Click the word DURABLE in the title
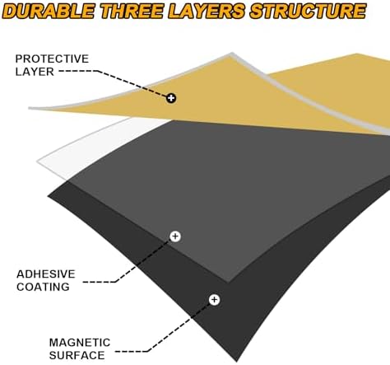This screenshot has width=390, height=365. click(49, 12)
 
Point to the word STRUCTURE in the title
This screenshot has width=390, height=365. click(308, 12)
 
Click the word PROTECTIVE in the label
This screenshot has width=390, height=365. click(52, 58)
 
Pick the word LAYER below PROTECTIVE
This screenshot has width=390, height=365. click(35, 72)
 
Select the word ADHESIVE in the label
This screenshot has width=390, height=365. click(46, 274)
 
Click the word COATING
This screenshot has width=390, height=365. click(43, 287)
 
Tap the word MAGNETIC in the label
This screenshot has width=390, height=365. click(80, 343)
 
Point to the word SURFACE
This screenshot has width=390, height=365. click(77, 355)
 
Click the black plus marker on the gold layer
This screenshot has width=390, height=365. click(171, 98)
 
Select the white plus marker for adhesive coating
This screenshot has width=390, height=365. click(175, 236)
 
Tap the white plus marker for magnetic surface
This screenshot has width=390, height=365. click(214, 300)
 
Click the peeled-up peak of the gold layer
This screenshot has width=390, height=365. click(232, 54)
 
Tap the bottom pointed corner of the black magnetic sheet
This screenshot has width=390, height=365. click(236, 360)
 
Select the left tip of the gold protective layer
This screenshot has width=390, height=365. click(30, 108)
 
